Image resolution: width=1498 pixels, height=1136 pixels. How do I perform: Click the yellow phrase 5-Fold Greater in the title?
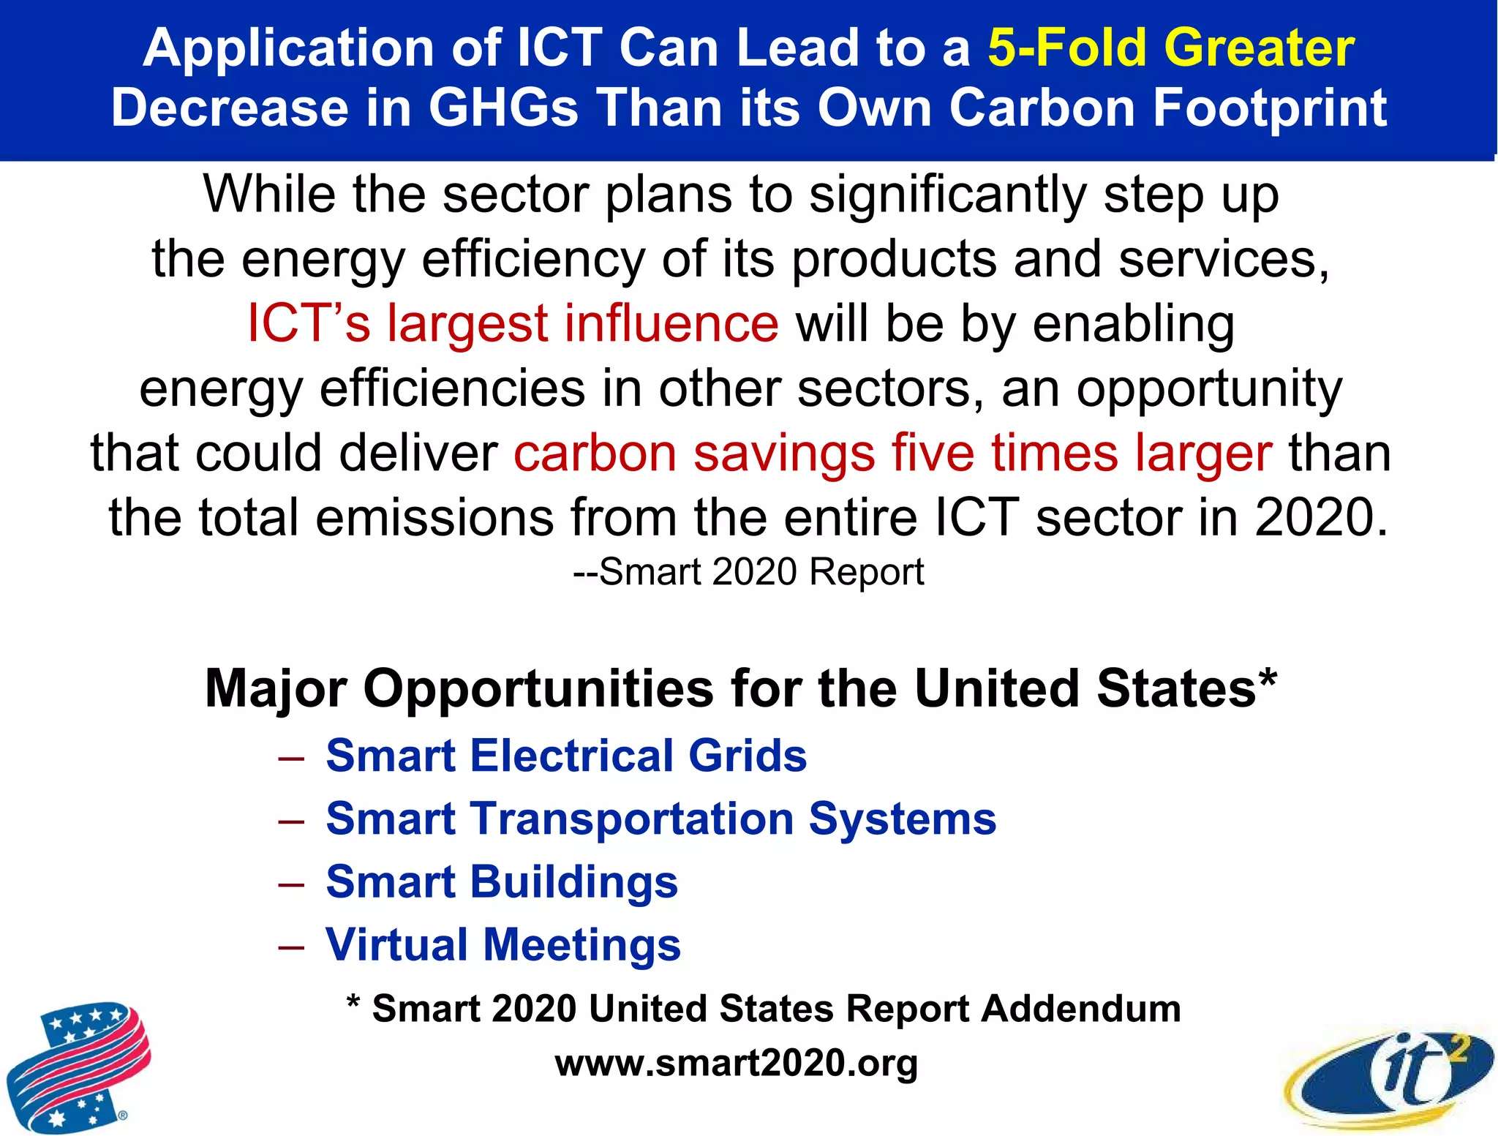point(1170,48)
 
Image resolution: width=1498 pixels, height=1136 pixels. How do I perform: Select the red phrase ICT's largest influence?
point(513,323)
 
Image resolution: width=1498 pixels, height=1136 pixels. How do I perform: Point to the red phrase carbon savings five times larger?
point(892,453)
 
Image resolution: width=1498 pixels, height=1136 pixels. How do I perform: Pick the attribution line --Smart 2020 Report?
point(748,572)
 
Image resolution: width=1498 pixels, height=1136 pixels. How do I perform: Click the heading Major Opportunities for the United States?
point(740,689)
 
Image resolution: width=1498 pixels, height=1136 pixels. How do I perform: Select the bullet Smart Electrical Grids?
point(566,756)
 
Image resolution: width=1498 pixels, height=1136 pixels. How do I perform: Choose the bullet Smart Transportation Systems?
point(660,819)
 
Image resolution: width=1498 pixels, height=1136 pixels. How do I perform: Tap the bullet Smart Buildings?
point(502,881)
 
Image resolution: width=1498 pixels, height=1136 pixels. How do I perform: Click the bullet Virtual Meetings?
point(503,944)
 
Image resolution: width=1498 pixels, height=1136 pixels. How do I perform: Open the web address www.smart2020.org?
point(736,1063)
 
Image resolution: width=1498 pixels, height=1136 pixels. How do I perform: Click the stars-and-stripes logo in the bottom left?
point(78,1067)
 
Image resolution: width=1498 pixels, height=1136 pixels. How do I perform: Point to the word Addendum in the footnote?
point(1080,1009)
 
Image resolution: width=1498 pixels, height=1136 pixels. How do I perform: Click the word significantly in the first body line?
point(947,195)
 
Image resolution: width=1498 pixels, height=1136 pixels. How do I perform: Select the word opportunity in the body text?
point(1208,388)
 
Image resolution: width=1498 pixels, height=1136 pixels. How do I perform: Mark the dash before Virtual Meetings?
point(291,947)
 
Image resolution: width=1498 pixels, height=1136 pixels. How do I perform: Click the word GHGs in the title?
point(503,108)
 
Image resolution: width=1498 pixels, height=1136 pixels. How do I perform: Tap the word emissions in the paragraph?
point(434,518)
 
